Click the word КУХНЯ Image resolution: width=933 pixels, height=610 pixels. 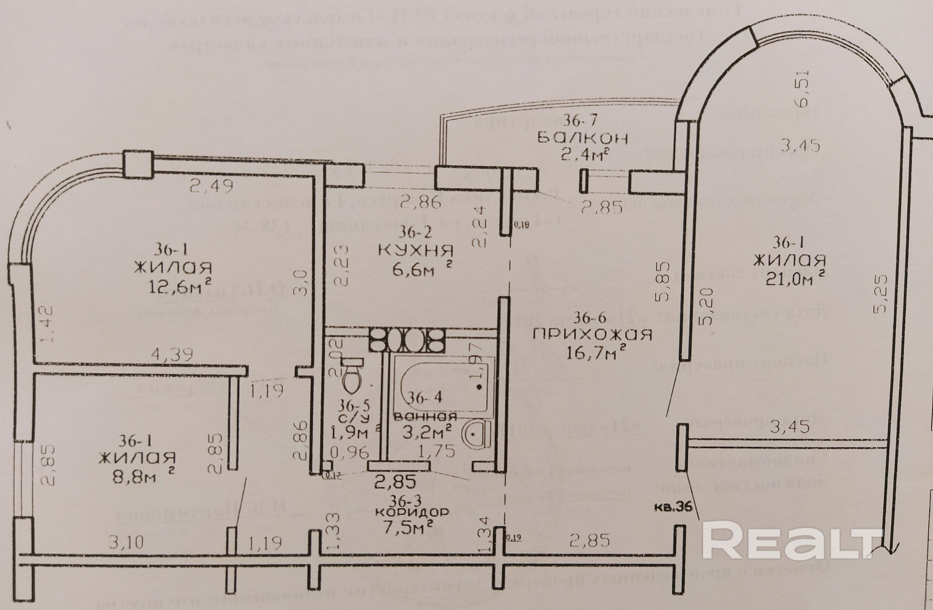pyautogui.click(x=416, y=250)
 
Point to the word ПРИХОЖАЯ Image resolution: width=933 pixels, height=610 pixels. pyautogui.click(x=592, y=335)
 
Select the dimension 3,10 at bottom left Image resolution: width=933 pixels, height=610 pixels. pyautogui.click(x=126, y=542)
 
